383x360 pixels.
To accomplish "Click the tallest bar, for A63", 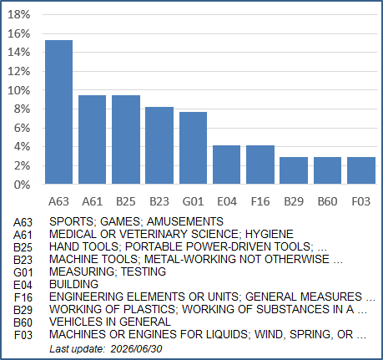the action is click(x=58, y=112).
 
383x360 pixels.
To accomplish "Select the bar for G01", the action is click(x=193, y=148).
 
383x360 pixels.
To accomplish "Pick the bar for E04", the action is click(x=226, y=165).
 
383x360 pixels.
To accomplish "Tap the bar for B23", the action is click(x=159, y=145).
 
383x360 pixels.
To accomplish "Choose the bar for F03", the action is click(x=361, y=170).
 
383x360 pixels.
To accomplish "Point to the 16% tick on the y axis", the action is click(x=18, y=33).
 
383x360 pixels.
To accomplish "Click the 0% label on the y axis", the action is click(x=22, y=185).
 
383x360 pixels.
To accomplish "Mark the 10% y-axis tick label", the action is click(x=18, y=90).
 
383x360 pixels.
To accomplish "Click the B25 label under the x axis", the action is click(x=126, y=201).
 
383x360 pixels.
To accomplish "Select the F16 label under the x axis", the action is click(x=260, y=201).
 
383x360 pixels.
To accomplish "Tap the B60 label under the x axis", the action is click(x=327, y=201).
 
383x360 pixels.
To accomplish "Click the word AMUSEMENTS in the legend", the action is click(x=185, y=221).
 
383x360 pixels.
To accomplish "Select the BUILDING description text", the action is click(x=73, y=284).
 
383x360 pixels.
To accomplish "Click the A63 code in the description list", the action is click(x=23, y=222).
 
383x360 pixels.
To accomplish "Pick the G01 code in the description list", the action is click(x=23, y=272).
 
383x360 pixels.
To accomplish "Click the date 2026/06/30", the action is click(x=136, y=349).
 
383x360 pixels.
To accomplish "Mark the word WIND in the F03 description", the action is click(x=270, y=334).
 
